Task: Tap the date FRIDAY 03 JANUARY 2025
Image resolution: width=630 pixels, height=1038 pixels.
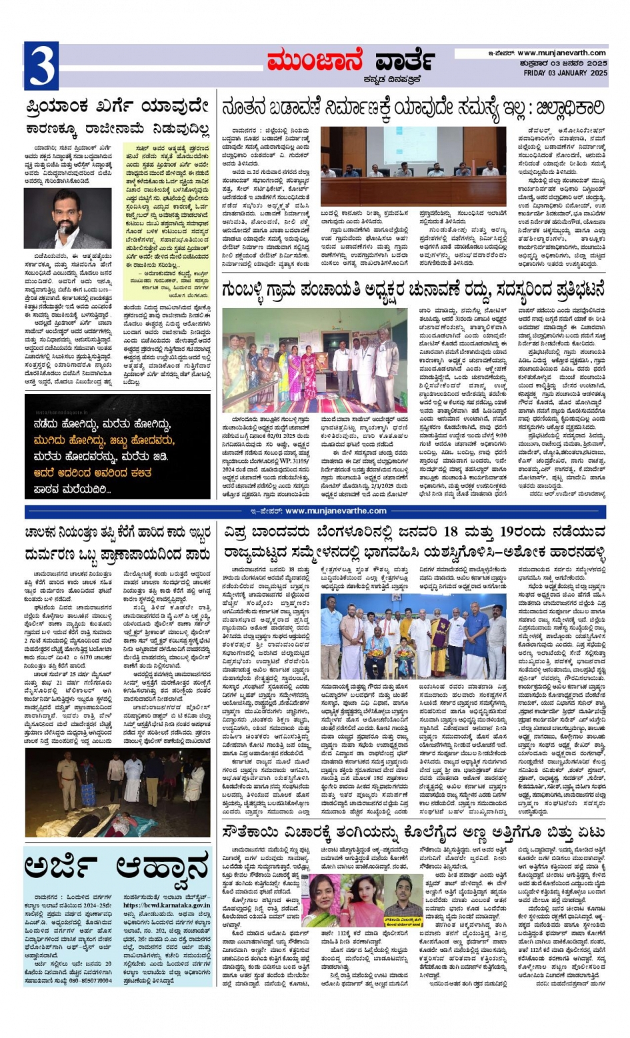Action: coord(565,73)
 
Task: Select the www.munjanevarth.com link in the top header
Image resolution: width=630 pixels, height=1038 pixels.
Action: coord(561,53)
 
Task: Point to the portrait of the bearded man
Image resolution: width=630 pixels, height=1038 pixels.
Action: coord(67,217)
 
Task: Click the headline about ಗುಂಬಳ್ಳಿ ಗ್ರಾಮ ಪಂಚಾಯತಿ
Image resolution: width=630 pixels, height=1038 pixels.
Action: coord(413,290)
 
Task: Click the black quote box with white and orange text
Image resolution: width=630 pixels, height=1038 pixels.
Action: coord(117,447)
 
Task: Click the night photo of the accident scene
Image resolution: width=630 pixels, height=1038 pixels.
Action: coord(117,792)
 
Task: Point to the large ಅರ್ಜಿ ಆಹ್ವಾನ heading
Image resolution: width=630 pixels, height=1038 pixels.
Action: coord(117,869)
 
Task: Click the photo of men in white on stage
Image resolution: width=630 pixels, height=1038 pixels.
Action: coord(413,636)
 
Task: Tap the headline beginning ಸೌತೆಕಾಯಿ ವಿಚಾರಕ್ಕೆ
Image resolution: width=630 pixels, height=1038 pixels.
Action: coord(413,833)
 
